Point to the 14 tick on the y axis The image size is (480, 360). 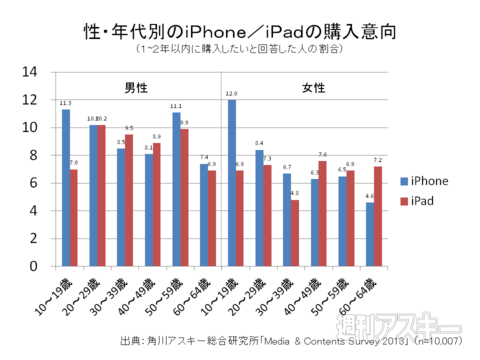[31, 72]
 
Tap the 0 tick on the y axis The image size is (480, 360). [34, 269]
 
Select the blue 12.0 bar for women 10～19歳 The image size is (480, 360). [232, 184]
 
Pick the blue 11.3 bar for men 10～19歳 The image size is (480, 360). [65, 189]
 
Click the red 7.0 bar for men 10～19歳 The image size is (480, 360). [74, 219]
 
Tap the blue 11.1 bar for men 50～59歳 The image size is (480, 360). [176, 190]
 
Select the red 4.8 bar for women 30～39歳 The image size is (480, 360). [296, 235]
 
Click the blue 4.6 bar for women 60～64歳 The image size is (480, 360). [370, 236]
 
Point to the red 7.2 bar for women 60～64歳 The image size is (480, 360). [379, 218]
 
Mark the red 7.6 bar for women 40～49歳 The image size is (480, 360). [323, 215]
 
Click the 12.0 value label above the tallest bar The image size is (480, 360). [231, 94]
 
